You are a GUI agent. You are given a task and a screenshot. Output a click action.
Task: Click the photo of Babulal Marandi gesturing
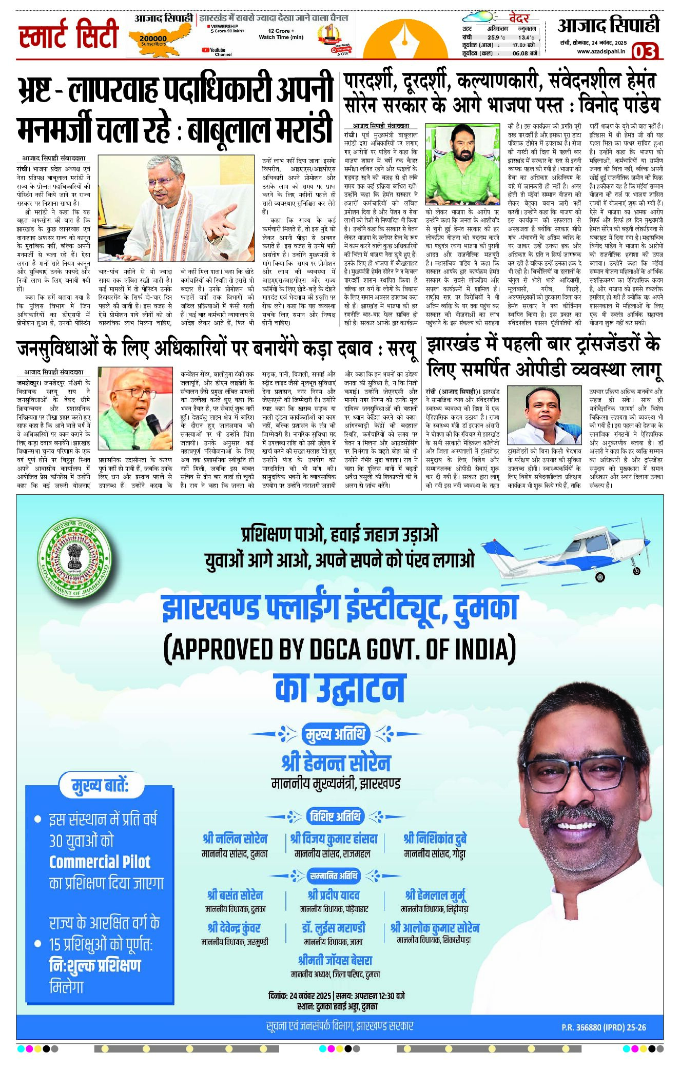[176, 208]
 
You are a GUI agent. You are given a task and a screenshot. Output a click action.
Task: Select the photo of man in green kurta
[462, 164]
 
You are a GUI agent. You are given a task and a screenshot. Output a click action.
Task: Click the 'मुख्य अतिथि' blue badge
[336, 734]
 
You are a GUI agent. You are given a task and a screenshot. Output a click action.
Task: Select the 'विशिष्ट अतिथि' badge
[336, 816]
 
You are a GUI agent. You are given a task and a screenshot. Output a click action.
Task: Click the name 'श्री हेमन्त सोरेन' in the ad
[336, 763]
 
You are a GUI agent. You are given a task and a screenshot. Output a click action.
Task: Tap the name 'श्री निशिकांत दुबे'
[435, 839]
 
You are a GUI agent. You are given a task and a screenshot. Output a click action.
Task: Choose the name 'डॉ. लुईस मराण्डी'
[334, 928]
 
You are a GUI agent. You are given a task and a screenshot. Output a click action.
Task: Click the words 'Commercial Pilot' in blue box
[100, 862]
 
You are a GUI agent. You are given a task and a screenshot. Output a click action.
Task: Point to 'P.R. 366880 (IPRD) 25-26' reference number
[604, 1027]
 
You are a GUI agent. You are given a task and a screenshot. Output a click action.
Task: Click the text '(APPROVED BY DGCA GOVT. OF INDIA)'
[340, 649]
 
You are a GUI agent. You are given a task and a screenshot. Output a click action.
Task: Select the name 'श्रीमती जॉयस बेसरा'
[335, 960]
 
